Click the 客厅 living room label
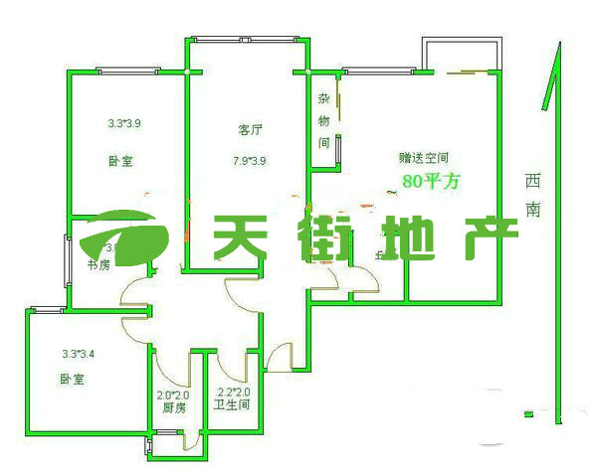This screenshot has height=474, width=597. (249, 130)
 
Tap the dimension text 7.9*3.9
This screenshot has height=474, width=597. (249, 158)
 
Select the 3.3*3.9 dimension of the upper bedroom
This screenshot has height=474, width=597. (125, 124)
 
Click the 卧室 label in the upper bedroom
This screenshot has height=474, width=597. (120, 161)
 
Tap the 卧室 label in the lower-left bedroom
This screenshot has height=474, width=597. (71, 380)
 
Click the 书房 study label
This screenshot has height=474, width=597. (98, 265)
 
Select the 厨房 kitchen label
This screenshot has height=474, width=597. (173, 406)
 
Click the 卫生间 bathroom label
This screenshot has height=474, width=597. (231, 405)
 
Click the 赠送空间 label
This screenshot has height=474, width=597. (424, 157)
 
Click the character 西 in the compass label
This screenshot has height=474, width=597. (534, 181)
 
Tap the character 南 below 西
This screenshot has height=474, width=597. (534, 210)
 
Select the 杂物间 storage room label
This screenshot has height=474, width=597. (324, 121)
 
